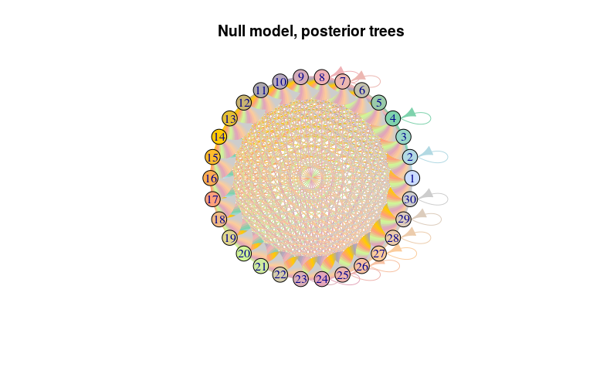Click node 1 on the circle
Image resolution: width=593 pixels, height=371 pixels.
point(412,178)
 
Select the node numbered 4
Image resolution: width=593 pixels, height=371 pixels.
point(393,118)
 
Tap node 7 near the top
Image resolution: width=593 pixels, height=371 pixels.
point(343,81)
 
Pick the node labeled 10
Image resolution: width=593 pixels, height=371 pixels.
point(280,82)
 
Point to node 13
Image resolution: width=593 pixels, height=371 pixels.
point(230,119)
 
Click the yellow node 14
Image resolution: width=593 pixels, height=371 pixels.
point(219,137)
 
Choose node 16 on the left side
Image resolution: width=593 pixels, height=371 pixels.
point(211,178)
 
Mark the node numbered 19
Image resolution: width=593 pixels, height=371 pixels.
point(229,238)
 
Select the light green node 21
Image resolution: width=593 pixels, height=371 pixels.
point(261,266)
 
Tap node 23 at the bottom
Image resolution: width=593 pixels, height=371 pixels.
point(301,279)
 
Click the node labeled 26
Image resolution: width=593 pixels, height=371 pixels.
point(362,266)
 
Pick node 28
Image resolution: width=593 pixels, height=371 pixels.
point(393,238)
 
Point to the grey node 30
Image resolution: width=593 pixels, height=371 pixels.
point(410,199)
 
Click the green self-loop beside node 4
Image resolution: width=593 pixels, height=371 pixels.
point(430,117)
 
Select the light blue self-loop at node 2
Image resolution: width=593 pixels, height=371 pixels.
point(447,156)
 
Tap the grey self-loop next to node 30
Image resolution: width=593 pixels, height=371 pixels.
point(447,199)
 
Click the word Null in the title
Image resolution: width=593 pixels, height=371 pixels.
point(232,31)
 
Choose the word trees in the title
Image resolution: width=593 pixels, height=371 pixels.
point(388,31)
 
